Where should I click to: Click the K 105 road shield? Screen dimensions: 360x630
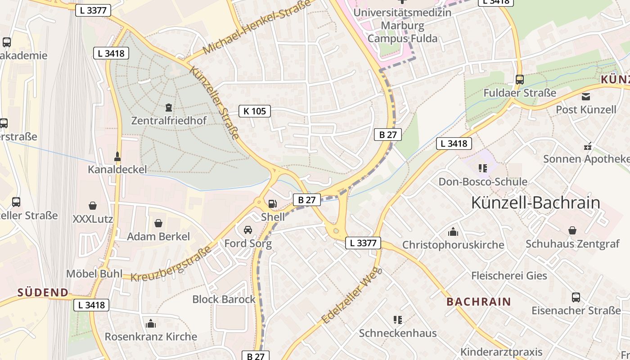(x=255, y=111)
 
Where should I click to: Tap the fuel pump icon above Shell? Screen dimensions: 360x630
(x=272, y=204)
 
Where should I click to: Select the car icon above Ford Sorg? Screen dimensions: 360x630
(x=248, y=230)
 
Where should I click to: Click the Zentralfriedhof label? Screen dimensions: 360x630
(x=169, y=121)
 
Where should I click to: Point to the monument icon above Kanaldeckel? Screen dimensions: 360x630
(x=117, y=157)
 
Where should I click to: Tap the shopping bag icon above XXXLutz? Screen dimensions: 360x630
(x=93, y=206)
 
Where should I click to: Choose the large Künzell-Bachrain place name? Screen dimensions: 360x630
(x=535, y=203)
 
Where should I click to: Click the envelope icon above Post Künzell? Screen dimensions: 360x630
(x=586, y=97)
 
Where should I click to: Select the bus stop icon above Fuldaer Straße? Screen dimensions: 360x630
(x=520, y=80)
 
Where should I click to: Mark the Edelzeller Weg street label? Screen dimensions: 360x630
(x=352, y=295)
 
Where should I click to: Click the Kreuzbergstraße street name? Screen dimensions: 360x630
(x=171, y=264)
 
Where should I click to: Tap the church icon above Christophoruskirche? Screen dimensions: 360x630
(x=453, y=232)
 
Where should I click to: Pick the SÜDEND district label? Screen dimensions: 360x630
(x=43, y=292)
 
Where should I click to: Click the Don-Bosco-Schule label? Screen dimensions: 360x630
(x=483, y=182)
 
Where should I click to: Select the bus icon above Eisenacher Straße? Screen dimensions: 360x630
(x=576, y=297)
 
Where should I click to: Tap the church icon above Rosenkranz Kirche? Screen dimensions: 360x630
(x=151, y=324)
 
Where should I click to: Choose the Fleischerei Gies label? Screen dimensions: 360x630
(x=509, y=275)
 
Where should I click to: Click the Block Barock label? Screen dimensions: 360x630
(x=224, y=299)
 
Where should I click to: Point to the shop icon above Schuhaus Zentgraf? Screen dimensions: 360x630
(x=572, y=230)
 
